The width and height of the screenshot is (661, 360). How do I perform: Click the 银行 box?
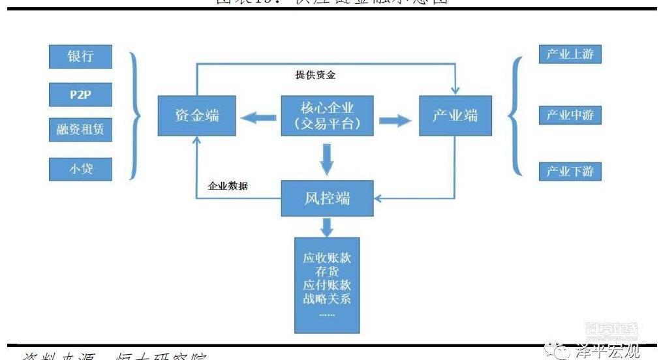coord(80,57)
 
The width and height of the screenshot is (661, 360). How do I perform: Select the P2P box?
coord(80,95)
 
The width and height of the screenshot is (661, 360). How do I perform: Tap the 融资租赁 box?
coord(80,130)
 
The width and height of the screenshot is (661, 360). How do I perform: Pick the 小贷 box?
coord(80,169)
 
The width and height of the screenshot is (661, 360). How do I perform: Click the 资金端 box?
coord(196,116)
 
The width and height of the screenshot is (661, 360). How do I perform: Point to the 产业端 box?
coord(455,116)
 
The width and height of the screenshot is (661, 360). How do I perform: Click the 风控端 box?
coord(327,198)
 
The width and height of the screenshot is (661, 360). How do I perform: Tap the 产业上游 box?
coord(570,55)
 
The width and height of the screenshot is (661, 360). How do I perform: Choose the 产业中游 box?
coord(570,115)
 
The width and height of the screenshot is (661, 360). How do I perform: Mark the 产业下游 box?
coord(570,172)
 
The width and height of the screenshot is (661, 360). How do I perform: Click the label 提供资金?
coord(315,75)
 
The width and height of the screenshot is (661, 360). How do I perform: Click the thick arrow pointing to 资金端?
coord(257,118)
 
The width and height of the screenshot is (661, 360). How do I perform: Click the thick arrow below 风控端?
coord(328,227)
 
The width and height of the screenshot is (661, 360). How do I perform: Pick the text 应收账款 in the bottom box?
coord(327,258)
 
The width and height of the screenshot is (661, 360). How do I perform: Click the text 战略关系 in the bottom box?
coord(327,299)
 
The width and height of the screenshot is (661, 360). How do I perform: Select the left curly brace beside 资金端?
coord(135,115)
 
